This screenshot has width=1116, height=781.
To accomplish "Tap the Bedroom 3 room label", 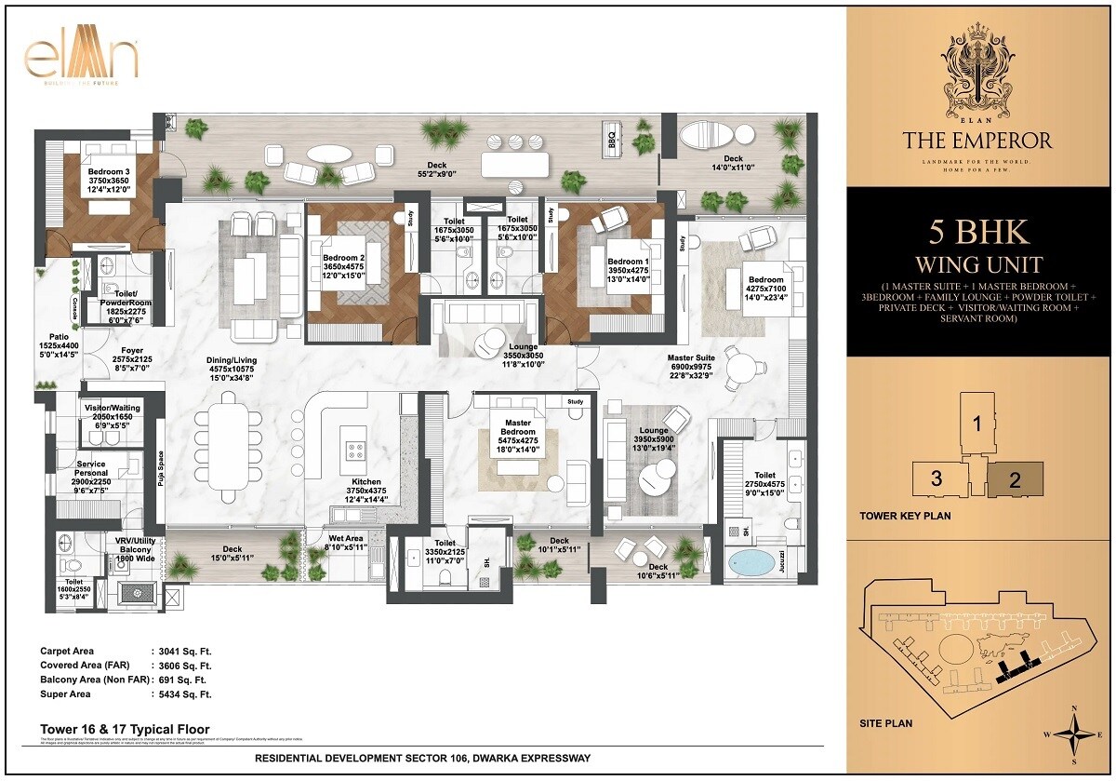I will click(x=109, y=172).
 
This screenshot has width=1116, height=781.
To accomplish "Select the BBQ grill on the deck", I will click(x=612, y=141).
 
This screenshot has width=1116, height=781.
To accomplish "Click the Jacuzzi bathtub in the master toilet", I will click(x=752, y=562).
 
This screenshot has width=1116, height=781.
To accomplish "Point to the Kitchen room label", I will click(x=365, y=482).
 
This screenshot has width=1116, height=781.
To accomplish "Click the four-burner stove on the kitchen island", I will click(x=356, y=450).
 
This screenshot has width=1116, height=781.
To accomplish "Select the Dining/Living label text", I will click(x=232, y=360).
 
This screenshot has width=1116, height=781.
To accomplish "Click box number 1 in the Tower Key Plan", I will click(x=977, y=423).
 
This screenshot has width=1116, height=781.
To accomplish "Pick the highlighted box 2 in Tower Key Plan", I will click(x=1015, y=480).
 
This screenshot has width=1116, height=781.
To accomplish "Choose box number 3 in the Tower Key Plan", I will click(x=937, y=478).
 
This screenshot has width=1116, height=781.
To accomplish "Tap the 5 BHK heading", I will click(x=976, y=231).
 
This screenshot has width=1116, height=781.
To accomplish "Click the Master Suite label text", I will click(x=691, y=357).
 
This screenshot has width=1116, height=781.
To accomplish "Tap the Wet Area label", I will click(x=346, y=538).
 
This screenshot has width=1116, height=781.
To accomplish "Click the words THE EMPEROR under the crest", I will click(x=976, y=141).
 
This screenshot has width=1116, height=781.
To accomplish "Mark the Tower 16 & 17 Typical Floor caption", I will click(x=125, y=729).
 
